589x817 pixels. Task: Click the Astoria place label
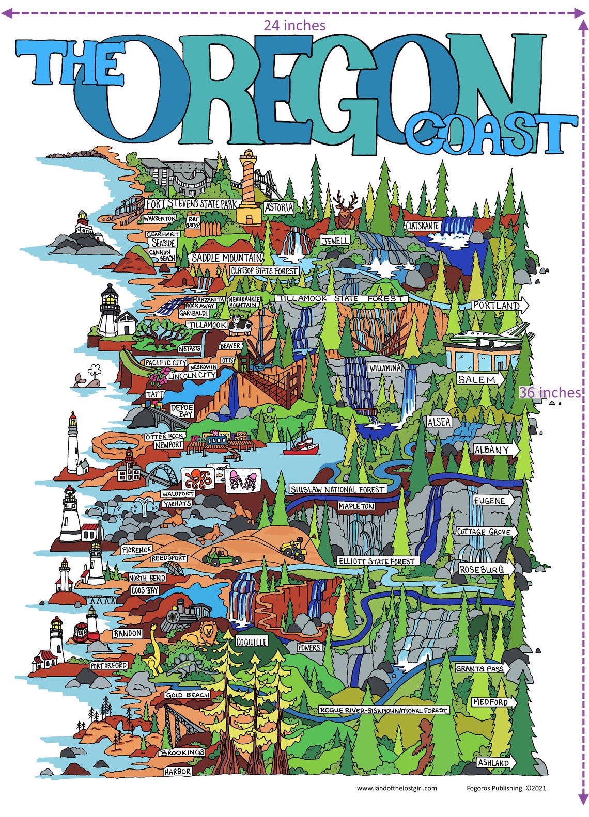click(279, 207)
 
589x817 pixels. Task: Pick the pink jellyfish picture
click(242, 479)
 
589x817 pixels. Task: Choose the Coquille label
click(252, 642)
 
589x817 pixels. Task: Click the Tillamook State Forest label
click(340, 298)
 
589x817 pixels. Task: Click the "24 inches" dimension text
click(295, 25)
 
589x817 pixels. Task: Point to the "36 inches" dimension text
click(550, 392)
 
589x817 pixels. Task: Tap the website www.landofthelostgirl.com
click(397, 788)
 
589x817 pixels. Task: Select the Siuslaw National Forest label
click(337, 489)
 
